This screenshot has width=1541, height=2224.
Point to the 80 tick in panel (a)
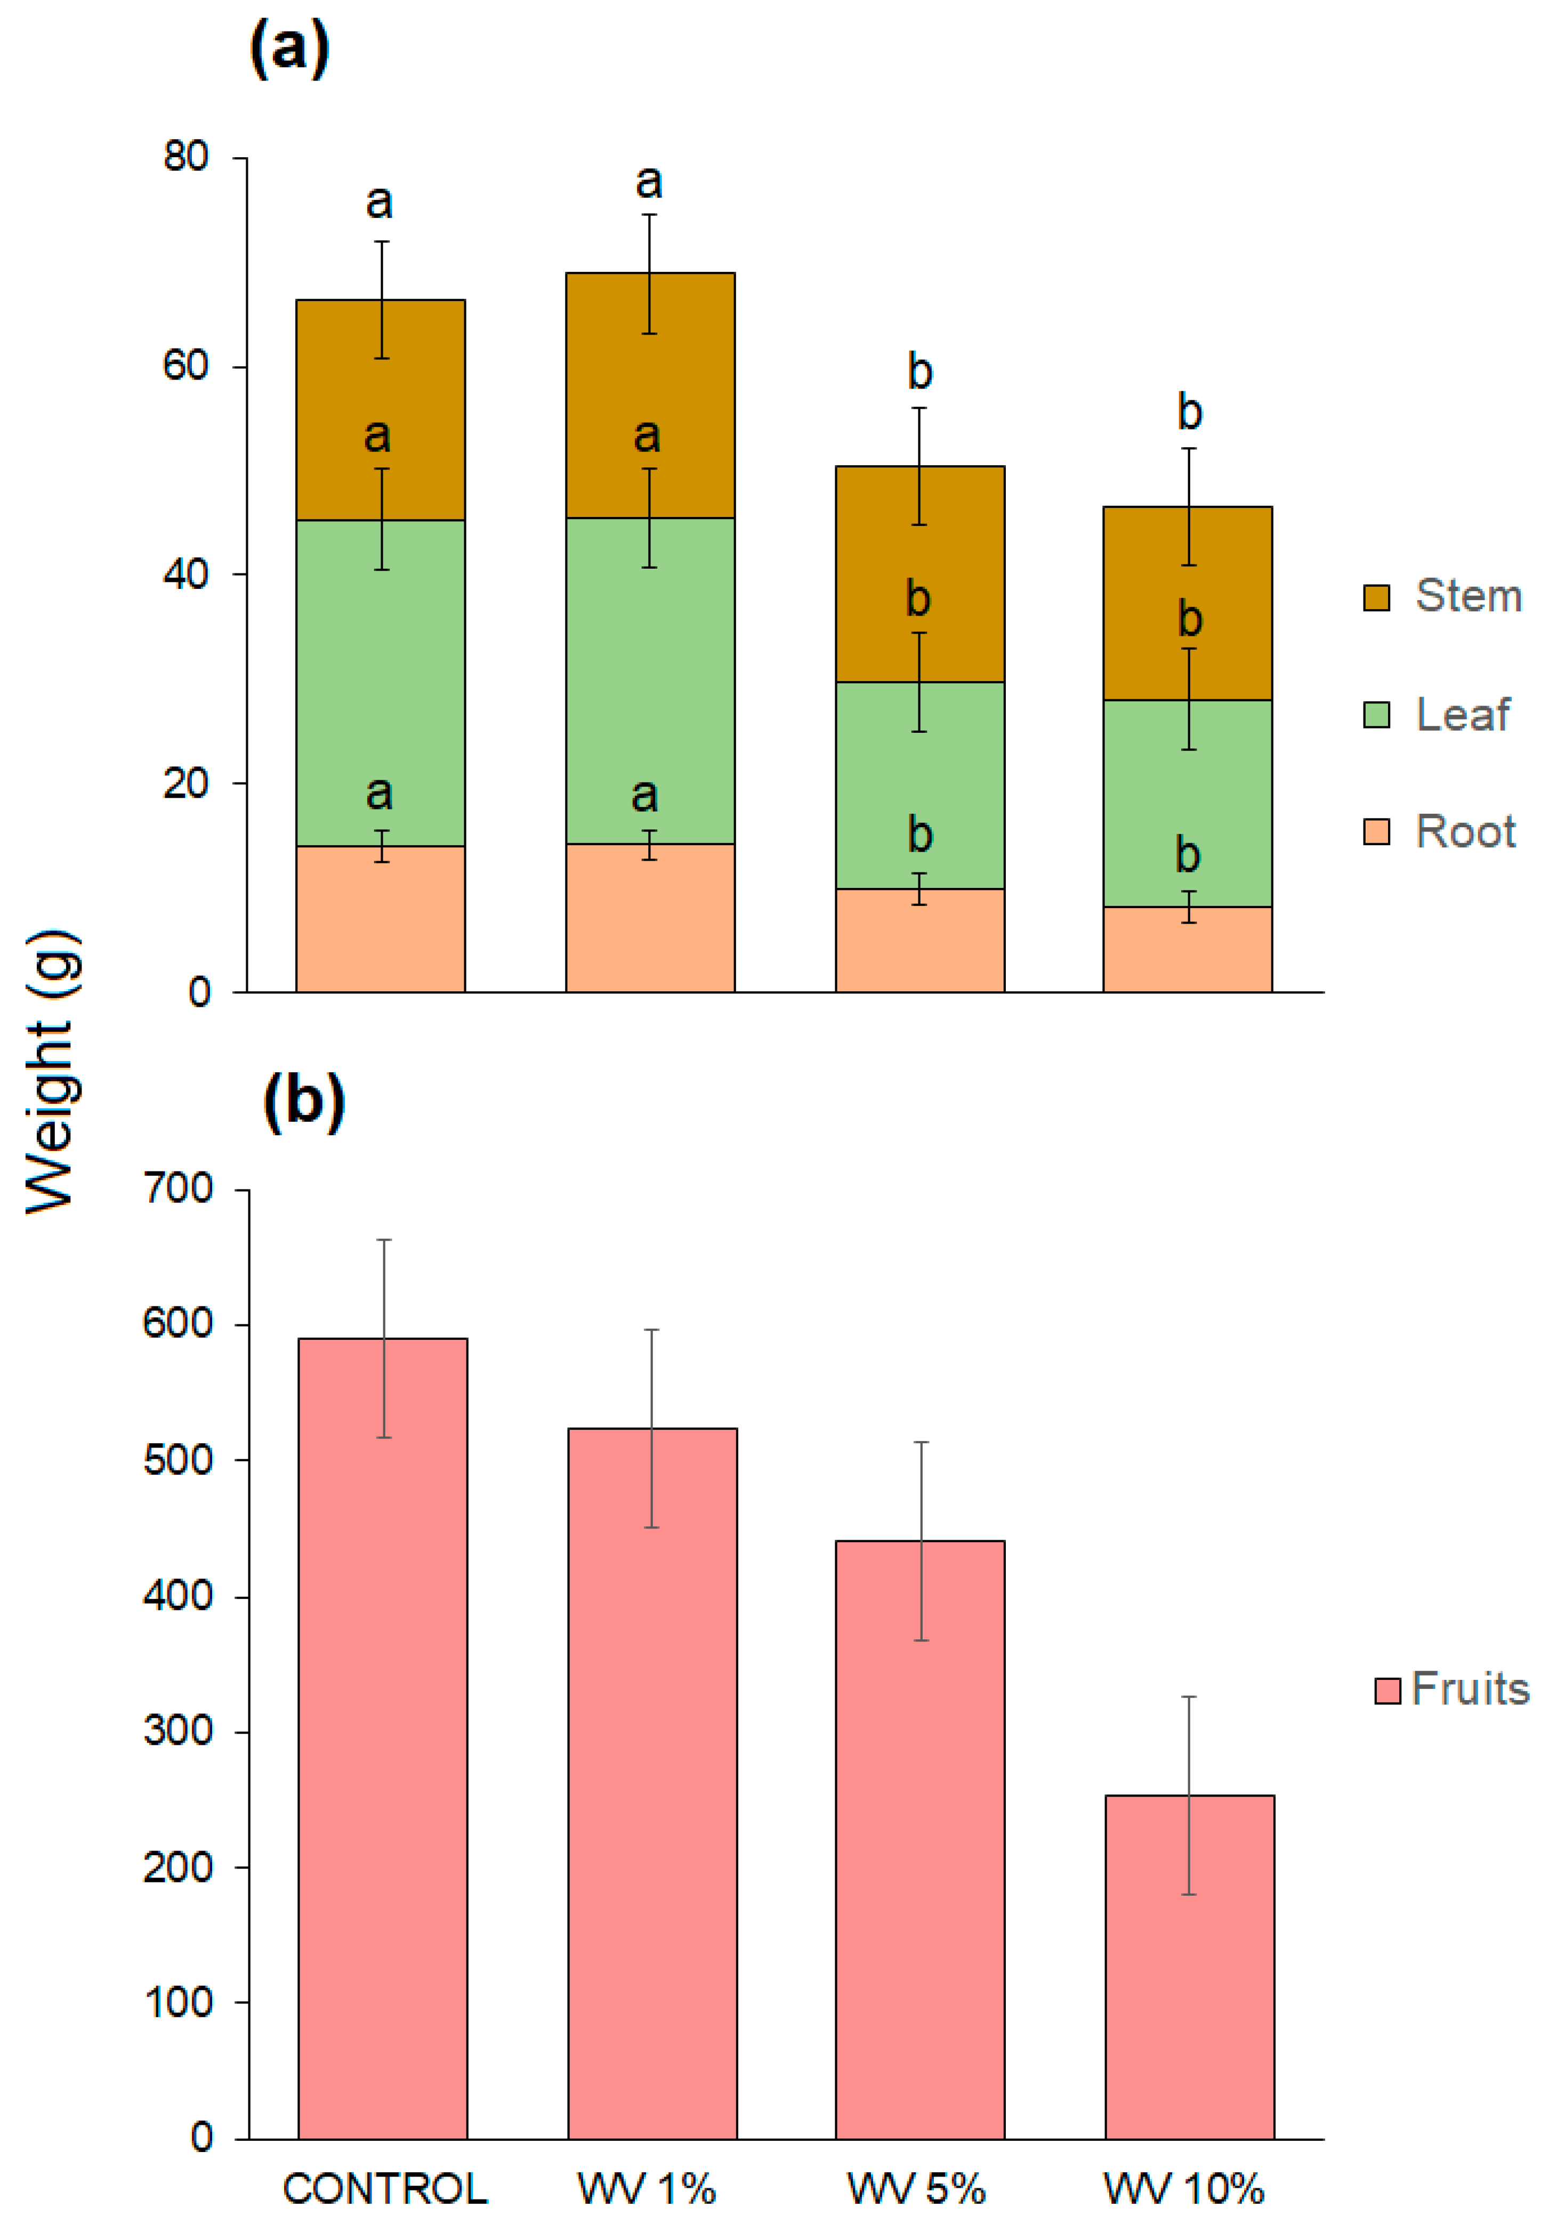click(187, 156)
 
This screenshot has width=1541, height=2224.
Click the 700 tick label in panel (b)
click(179, 1188)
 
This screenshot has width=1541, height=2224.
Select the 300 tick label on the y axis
click(179, 1730)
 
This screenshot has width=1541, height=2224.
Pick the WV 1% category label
click(647, 2188)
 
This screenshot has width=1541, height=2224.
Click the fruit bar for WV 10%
click(1190, 1969)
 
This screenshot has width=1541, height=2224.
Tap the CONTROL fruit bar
click(382, 1737)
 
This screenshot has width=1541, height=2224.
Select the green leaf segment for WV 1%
click(650, 681)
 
